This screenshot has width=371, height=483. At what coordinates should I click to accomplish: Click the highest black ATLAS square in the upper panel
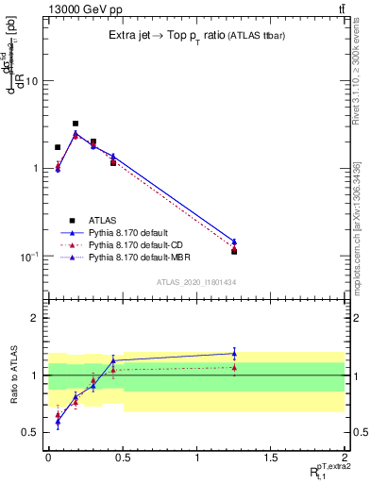click(x=76, y=124)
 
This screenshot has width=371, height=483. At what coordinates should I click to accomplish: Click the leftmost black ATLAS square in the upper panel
click(x=58, y=147)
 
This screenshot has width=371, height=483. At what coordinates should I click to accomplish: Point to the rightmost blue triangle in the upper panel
click(x=234, y=242)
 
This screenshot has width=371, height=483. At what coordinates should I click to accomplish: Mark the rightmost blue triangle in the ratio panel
click(x=234, y=354)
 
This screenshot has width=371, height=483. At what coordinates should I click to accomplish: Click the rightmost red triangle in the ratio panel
click(x=234, y=368)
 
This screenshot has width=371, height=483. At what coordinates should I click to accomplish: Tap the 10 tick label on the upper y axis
click(x=30, y=81)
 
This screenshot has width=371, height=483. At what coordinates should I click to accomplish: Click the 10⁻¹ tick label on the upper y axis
click(x=27, y=257)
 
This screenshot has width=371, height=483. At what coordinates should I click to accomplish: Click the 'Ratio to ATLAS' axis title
click(x=12, y=375)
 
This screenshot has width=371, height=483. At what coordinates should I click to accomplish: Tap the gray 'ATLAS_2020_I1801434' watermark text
click(x=195, y=282)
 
